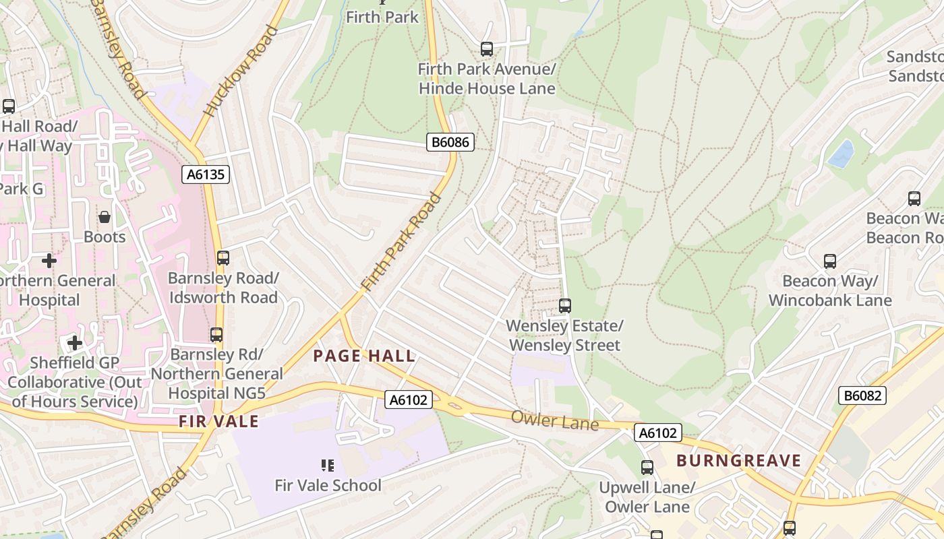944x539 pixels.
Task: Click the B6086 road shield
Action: [x=450, y=142]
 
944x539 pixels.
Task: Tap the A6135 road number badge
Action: [x=206, y=175]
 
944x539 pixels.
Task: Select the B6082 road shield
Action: [x=862, y=395]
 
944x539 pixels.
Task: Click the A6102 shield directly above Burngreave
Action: [x=658, y=433]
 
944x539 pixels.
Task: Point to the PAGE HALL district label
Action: [x=364, y=356]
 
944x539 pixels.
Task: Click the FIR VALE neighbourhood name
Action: [x=218, y=421]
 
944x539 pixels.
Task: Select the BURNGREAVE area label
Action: [x=738, y=461]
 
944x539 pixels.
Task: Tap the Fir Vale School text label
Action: [x=328, y=485]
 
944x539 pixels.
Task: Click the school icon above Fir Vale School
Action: [x=328, y=465]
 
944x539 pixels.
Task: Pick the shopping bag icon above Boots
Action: [x=105, y=217]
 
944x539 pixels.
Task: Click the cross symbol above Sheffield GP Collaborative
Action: [x=74, y=343]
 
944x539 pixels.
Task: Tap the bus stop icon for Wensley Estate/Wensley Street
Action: [x=565, y=306]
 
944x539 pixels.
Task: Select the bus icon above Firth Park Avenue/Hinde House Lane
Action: [x=487, y=49]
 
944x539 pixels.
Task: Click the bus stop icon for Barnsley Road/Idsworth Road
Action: [x=223, y=257]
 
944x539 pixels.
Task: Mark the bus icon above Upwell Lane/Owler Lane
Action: [x=647, y=467]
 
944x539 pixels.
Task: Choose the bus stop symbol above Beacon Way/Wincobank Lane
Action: [x=830, y=261]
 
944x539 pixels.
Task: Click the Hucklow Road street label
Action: [x=240, y=71]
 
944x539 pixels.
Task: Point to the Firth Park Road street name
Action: [x=401, y=243]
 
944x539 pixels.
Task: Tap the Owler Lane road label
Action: [x=554, y=420]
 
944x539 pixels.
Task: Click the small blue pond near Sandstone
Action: [x=840, y=154]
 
